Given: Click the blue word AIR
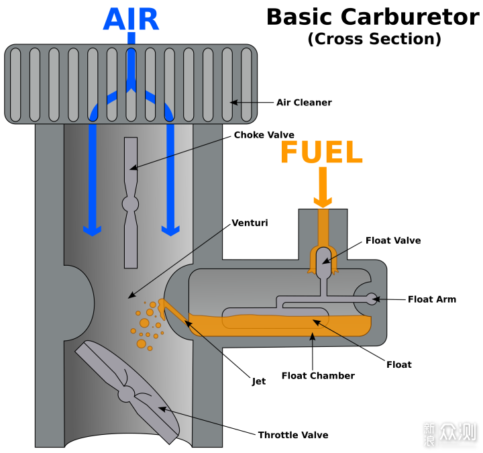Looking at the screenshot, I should tap(131, 19).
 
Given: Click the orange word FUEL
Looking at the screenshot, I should tap(321, 152).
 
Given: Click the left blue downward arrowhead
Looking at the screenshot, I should tap(92, 230).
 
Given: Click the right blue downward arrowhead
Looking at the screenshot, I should tap(170, 230).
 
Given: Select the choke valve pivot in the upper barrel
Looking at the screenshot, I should tap(130, 203).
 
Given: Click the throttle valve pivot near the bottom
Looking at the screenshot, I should tap(127, 394).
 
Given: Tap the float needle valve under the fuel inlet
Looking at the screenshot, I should tap(323, 258).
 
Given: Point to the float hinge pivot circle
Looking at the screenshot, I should tap(371, 299).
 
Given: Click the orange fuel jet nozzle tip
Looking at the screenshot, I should tap(163, 303).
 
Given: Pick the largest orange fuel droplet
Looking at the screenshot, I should tap(141, 344).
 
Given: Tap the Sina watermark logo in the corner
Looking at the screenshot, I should tap(449, 434).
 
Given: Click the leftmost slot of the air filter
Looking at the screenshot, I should tap(15, 85).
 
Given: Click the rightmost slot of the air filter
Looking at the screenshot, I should tap(246, 85).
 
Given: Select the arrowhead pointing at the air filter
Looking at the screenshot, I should tap(233, 103).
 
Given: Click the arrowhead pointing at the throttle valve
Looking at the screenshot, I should tap(162, 408).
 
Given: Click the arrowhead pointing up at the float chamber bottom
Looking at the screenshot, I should tap(312, 336).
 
